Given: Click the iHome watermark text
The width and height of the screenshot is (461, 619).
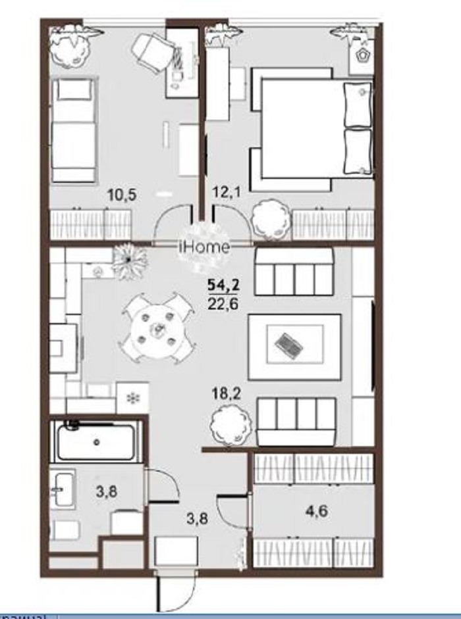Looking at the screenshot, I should pos(205,247).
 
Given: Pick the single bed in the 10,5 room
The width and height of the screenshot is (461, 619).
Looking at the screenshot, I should pos(73,130).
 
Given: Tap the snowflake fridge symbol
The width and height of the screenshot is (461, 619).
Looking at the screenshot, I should pos(133,398).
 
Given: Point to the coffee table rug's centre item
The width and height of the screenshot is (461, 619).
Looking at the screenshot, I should pos(288,342).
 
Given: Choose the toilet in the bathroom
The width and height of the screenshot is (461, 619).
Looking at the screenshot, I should pos(65,530).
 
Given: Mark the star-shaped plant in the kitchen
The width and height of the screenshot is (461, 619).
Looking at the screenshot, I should pos(127,260).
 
